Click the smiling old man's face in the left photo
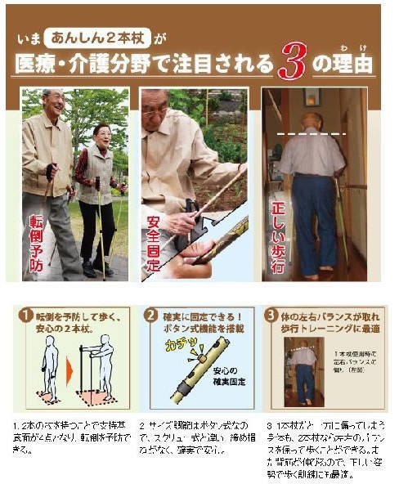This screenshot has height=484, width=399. (53, 104)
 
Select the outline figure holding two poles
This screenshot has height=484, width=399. (100, 368)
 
